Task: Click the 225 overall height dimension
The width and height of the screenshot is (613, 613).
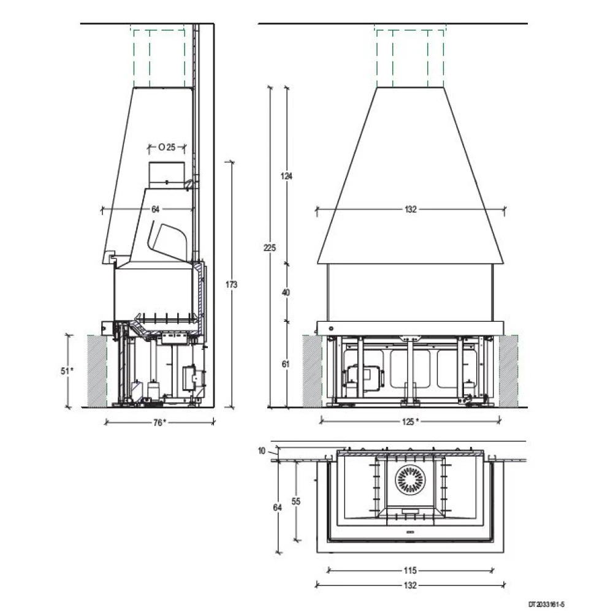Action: click(270, 248)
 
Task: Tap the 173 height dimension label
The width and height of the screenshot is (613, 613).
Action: click(232, 284)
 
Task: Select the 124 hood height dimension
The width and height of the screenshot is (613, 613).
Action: click(286, 176)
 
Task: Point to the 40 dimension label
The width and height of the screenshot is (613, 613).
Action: click(286, 292)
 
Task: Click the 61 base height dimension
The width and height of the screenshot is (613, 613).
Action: click(286, 364)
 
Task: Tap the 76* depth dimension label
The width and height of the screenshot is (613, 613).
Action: click(159, 422)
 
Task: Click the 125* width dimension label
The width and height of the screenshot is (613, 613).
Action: click(411, 422)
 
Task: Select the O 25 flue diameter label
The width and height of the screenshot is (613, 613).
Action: click(167, 147)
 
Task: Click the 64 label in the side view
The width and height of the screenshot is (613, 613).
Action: click(156, 209)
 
